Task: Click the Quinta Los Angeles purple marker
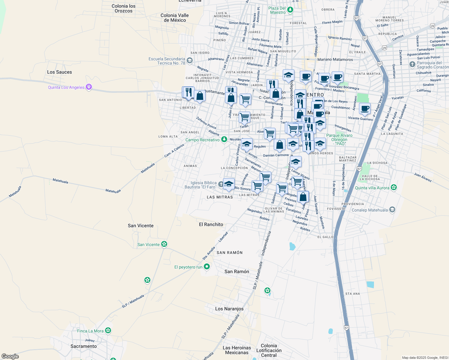89,87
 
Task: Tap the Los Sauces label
59,72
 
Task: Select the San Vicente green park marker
164,244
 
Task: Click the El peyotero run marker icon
206,267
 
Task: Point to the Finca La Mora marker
108,331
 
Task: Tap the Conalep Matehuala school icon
392,210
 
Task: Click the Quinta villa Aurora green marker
394,188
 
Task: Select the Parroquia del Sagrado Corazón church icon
412,64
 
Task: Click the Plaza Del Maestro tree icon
290,10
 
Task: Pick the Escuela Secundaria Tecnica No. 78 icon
189,61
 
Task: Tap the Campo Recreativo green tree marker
224,139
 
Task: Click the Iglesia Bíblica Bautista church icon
221,184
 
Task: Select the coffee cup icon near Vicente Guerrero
365,109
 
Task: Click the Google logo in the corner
10,356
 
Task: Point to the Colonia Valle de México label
175,18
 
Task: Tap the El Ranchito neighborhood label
211,224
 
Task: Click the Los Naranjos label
229,309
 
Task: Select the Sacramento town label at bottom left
83,346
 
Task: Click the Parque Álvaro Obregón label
339,139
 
